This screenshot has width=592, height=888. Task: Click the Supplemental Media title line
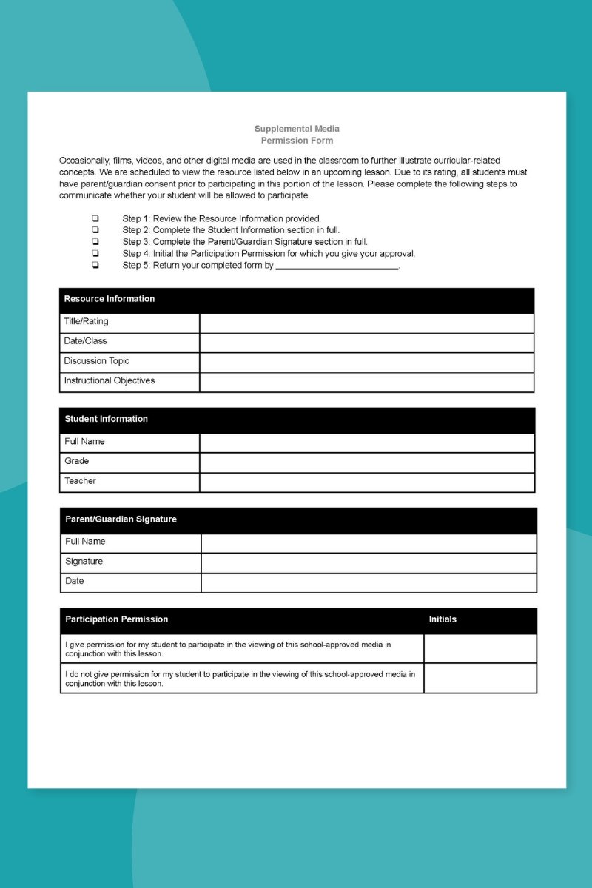tap(297, 129)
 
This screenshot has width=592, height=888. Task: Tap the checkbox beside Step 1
tap(95, 218)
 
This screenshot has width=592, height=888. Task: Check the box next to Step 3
tap(95, 241)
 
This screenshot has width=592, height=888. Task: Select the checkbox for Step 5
tap(95, 265)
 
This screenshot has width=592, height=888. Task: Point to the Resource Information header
tap(110, 299)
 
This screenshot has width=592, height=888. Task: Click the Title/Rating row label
tap(86, 322)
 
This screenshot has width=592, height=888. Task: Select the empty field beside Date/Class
tap(366, 342)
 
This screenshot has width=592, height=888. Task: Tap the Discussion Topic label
tap(96, 361)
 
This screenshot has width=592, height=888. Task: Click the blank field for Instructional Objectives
tap(366, 382)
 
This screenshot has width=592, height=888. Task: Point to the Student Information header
tap(107, 419)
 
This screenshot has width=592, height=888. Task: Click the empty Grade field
tap(367, 462)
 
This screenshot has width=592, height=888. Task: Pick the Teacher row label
tap(80, 481)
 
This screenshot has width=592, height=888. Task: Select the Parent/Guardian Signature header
tap(121, 519)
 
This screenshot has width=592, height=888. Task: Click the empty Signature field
tap(369, 562)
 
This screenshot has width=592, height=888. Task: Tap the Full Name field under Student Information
tap(367, 443)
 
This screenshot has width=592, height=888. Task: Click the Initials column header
tap(443, 619)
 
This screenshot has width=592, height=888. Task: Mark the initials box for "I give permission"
tap(480, 649)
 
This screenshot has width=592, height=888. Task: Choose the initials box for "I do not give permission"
tap(480, 679)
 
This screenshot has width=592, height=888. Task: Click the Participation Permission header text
tap(117, 619)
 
